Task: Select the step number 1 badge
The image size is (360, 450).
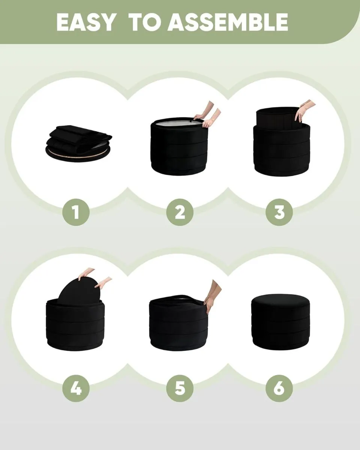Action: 76,212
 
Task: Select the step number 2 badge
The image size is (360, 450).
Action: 180,212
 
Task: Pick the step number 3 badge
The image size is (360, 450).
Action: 279,212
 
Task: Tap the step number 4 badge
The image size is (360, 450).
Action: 76,388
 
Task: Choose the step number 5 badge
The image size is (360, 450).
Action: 180,388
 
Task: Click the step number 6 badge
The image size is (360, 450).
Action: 279,388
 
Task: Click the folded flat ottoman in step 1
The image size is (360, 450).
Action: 79,142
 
